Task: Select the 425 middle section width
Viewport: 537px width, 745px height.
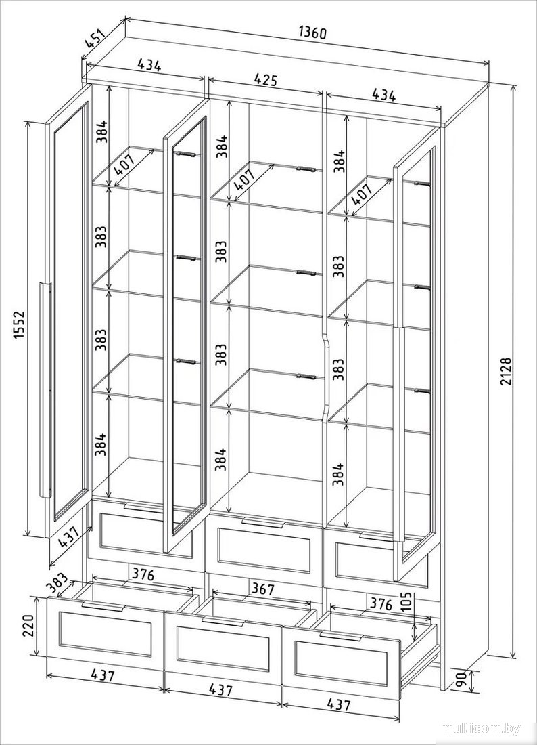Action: pyautogui.click(x=266, y=80)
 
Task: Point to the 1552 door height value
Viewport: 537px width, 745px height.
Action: pyautogui.click(x=18, y=330)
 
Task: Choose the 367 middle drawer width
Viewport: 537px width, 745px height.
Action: pyautogui.click(x=262, y=589)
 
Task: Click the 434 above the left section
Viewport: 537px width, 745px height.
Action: pyautogui.click(x=149, y=65)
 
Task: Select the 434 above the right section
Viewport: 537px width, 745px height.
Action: pyautogui.click(x=383, y=95)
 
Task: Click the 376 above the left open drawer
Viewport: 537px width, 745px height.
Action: pyautogui.click(x=143, y=575)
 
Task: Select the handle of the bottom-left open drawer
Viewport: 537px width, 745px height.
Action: pyautogui.click(x=104, y=608)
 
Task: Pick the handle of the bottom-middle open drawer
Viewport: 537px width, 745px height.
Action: pyautogui.click(x=223, y=622)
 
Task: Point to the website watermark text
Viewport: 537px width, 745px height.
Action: pyautogui.click(x=482, y=729)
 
